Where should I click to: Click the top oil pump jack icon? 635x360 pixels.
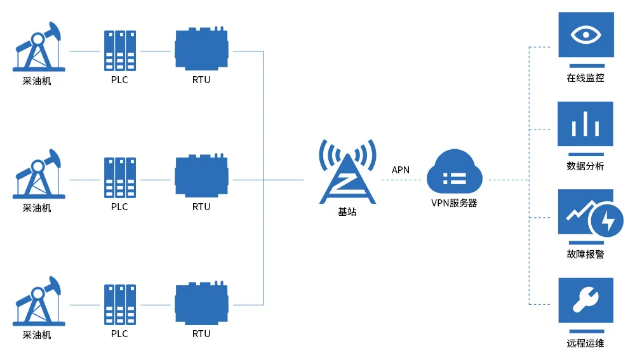38,48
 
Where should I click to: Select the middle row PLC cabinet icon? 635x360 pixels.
120,178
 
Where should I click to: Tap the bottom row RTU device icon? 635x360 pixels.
201,303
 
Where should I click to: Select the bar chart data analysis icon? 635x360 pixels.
585,124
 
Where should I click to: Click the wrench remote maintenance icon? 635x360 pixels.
585,300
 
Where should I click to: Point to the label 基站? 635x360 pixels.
347,212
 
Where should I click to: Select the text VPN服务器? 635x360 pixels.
454,203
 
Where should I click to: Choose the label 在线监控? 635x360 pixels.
585,79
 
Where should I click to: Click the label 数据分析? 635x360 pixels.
585,166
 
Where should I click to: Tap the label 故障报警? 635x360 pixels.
585,255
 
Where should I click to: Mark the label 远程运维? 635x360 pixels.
585,343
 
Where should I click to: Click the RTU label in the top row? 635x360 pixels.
201,80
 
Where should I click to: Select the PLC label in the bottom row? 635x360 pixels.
119,334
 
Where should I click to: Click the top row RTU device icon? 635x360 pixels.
201,50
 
